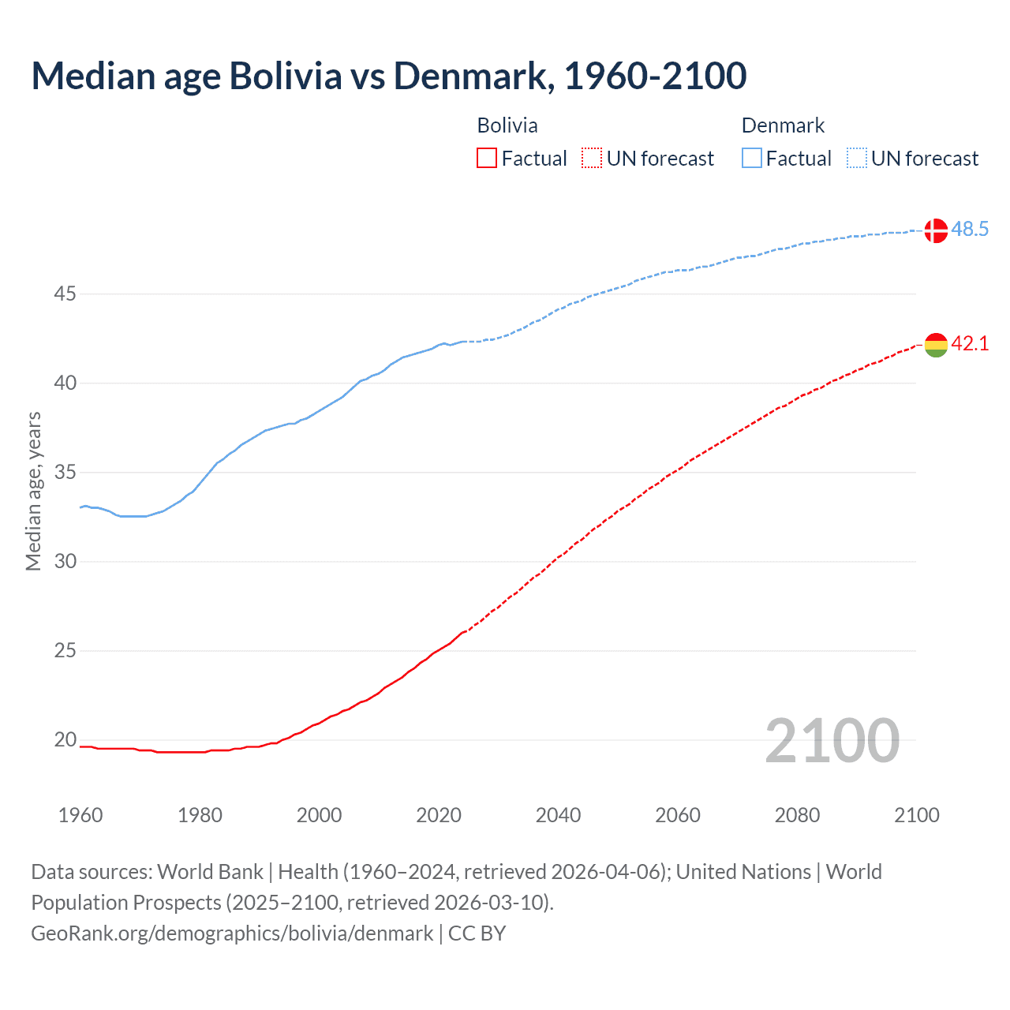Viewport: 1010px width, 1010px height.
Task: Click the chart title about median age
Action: pyautogui.click(x=388, y=76)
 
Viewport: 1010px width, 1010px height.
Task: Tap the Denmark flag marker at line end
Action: pyautogui.click(x=936, y=230)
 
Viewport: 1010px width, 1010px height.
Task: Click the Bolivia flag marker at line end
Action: pyautogui.click(x=936, y=345)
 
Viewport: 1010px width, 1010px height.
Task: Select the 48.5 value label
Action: pyautogui.click(x=970, y=230)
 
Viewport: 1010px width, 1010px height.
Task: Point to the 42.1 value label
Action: pyautogui.click(x=970, y=344)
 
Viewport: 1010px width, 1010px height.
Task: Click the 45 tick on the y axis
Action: pyautogui.click(x=65, y=294)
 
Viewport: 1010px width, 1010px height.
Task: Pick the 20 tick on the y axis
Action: pyautogui.click(x=65, y=740)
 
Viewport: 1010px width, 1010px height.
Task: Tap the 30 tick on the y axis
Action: pyautogui.click(x=65, y=562)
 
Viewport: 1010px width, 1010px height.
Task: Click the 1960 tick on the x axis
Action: pyautogui.click(x=80, y=815)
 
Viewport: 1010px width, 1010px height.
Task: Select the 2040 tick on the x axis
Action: pyautogui.click(x=558, y=815)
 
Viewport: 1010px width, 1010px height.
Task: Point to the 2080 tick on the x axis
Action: pyautogui.click(x=797, y=815)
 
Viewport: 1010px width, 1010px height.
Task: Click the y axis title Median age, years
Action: pyautogui.click(x=33, y=491)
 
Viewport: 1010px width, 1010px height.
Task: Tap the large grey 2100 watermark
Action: pyautogui.click(x=832, y=740)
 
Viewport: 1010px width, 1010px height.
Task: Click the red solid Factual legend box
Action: pyautogui.click(x=487, y=159)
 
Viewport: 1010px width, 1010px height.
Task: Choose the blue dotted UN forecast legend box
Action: pyautogui.click(x=857, y=159)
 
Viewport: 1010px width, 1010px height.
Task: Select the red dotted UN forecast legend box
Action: pyautogui.click(x=592, y=159)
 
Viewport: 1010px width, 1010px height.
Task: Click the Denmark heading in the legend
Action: pyautogui.click(x=783, y=125)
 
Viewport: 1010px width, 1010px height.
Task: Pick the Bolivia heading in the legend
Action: pyautogui.click(x=507, y=125)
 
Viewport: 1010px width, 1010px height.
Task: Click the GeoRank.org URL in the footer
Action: pyautogui.click(x=232, y=933)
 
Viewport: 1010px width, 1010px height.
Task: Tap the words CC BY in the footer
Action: pyautogui.click(x=477, y=933)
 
